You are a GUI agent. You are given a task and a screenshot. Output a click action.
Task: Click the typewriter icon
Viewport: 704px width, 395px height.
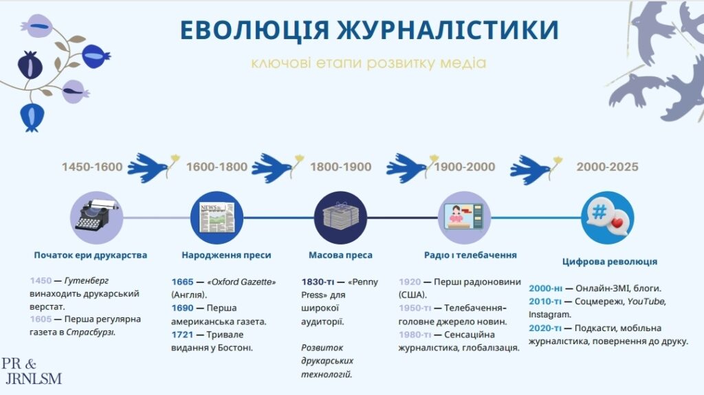coord(96,218)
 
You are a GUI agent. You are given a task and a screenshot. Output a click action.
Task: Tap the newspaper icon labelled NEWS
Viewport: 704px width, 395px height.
coord(217,218)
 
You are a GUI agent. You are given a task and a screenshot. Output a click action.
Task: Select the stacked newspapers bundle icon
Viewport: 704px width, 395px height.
coord(341,218)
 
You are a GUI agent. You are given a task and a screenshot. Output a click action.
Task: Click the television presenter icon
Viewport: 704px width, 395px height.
coord(464,218)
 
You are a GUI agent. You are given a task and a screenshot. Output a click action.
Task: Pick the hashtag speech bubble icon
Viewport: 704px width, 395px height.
coord(608,218)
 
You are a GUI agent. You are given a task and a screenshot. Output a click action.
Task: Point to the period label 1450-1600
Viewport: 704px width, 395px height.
coord(92,167)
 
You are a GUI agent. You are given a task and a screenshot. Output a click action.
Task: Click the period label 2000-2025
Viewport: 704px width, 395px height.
coord(608,167)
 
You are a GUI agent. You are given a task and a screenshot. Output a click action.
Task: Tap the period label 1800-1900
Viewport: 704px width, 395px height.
coord(341,167)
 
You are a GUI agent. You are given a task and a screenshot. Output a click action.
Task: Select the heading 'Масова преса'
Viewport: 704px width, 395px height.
coord(340,255)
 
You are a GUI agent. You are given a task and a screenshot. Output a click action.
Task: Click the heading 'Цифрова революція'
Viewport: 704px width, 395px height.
coord(610,262)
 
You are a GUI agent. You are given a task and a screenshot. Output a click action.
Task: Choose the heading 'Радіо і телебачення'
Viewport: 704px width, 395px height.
coord(470,255)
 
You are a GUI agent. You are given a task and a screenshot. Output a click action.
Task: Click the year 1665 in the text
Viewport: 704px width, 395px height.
coord(182,282)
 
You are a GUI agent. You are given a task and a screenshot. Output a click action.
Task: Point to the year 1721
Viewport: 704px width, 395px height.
coord(182,335)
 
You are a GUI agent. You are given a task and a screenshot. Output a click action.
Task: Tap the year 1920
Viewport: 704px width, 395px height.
coord(410,282)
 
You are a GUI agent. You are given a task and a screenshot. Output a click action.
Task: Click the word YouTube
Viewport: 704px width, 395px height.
coord(645,301)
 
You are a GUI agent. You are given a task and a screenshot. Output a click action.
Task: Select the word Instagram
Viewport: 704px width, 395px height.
coord(549,315)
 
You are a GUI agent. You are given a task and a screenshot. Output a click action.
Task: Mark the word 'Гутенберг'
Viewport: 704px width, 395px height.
coord(87,281)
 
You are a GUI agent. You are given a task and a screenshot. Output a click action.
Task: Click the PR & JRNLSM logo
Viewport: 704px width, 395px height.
coord(32,371)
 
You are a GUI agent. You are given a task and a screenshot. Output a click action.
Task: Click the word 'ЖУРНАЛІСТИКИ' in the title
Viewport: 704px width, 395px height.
coord(448,30)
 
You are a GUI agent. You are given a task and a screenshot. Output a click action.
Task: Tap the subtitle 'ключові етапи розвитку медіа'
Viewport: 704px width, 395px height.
coord(368,63)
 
